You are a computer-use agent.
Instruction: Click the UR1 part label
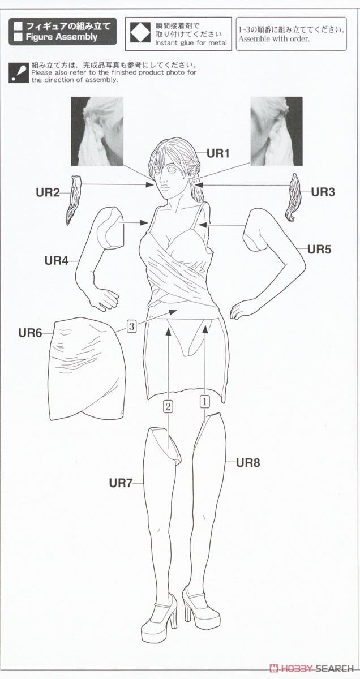click(x=217, y=153)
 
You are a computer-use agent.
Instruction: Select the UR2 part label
click(x=48, y=192)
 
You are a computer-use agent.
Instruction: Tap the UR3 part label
click(x=323, y=192)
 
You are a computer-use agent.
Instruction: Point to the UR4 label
click(x=57, y=261)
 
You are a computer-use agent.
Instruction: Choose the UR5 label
click(x=319, y=250)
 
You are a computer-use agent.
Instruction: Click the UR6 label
click(x=30, y=333)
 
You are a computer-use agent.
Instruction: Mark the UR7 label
click(x=121, y=483)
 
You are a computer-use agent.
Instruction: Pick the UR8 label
click(x=248, y=463)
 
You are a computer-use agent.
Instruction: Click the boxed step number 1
click(x=205, y=402)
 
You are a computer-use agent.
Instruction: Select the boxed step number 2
click(x=168, y=406)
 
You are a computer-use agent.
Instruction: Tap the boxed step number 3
click(x=131, y=327)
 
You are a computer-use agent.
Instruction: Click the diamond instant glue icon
click(x=140, y=33)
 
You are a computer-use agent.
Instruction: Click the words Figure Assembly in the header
click(x=62, y=37)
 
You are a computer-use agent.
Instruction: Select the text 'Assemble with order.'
click(x=274, y=39)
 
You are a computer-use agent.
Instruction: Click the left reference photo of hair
click(x=97, y=131)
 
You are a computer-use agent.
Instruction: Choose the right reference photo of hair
click(x=277, y=131)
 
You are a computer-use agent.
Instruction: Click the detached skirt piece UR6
click(x=88, y=369)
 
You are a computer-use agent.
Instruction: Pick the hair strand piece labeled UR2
click(x=74, y=199)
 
